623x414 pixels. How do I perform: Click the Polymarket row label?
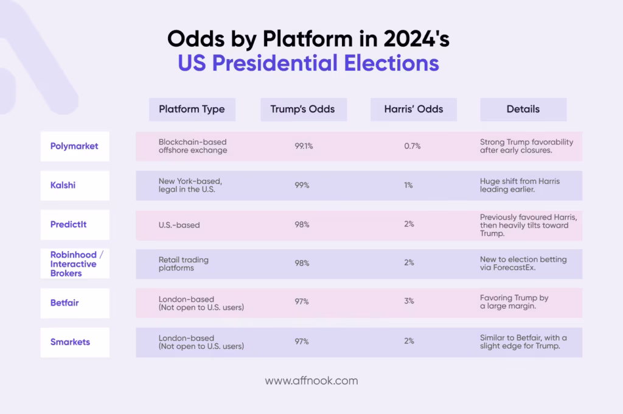point(74,146)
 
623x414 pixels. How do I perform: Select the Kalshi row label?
point(63,185)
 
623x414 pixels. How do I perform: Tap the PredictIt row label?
point(68,224)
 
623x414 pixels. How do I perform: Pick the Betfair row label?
point(64,303)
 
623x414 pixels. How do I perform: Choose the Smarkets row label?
point(70,342)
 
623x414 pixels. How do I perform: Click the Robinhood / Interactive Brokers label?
point(77,264)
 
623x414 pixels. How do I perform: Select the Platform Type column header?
point(192,110)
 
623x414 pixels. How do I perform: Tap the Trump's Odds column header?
point(303,110)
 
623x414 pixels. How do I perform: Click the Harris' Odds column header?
point(414,110)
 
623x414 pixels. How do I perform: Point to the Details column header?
point(523,110)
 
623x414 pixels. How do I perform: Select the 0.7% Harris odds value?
point(412,146)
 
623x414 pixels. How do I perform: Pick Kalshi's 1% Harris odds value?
point(409,185)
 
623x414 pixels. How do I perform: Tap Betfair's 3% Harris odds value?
point(409,301)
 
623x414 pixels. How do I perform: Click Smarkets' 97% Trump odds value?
point(302,341)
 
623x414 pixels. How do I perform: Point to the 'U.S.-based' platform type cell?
point(179,225)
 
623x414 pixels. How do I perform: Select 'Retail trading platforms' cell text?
point(184,264)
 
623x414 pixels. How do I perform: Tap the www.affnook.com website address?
point(311,381)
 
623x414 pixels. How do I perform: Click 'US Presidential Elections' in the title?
point(308,63)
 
